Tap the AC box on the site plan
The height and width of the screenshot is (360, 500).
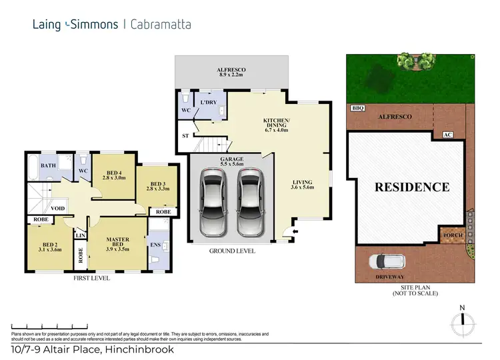[x=447, y=135]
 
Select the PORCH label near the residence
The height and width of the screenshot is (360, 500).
[x=450, y=235]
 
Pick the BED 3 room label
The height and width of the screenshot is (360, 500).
[x=157, y=187]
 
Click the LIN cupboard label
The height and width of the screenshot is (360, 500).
[x=81, y=236]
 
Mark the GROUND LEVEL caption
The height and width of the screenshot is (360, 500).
[x=230, y=252]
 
